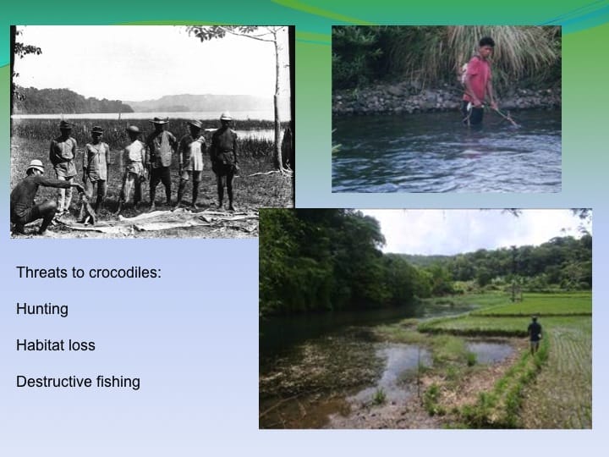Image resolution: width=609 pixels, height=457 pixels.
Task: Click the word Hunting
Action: (42, 309)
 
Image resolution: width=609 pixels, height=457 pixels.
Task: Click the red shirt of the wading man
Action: (478, 79)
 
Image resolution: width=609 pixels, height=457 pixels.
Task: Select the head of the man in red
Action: (486, 44)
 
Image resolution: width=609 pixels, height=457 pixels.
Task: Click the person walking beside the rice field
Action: (535, 334)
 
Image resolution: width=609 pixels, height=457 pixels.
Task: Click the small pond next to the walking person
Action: (491, 350)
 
